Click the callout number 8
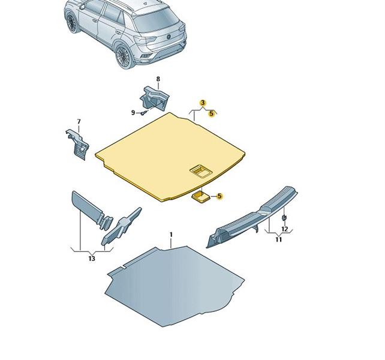158,79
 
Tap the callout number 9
133,113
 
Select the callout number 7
79,122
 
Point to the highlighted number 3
203,103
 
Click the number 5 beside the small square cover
219,196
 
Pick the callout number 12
285,229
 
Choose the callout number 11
278,239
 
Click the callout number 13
92,259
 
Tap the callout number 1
171,235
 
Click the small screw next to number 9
144,113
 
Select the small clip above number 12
284,217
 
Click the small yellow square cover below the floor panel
201,197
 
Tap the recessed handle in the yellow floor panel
200,170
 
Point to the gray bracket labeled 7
77,145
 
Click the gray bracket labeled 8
155,98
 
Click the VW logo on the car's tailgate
169,37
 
